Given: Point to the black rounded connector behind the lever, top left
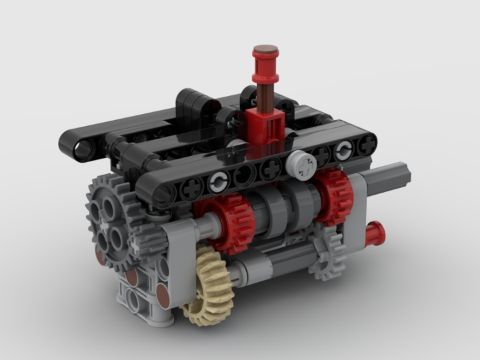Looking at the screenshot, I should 193,102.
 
